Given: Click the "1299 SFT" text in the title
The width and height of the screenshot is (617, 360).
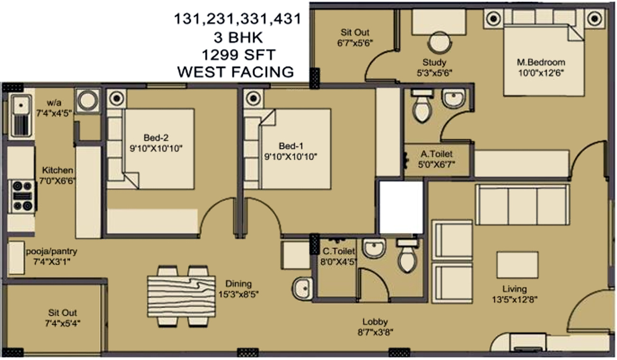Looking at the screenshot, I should [x=237, y=55].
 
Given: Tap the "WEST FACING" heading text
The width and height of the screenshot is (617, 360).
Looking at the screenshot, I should [x=235, y=72].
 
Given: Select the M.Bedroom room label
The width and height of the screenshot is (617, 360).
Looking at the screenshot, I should [x=541, y=62].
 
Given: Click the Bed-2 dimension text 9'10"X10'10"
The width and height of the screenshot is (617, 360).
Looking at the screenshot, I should [x=156, y=148].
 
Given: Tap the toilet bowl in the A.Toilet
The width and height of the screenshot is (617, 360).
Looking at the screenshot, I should [x=421, y=109].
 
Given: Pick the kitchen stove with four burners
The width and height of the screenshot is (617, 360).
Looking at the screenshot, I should [x=22, y=195].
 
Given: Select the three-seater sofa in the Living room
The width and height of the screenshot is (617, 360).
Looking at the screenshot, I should [x=522, y=205].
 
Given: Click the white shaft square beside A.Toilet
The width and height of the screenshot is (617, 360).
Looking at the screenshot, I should [x=401, y=207].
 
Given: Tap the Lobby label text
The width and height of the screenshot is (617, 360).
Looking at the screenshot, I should [x=375, y=322].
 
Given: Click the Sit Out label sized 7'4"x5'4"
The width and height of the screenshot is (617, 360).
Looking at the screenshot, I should [x=62, y=313].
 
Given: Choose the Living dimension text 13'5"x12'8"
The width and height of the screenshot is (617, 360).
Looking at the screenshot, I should [x=514, y=299].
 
